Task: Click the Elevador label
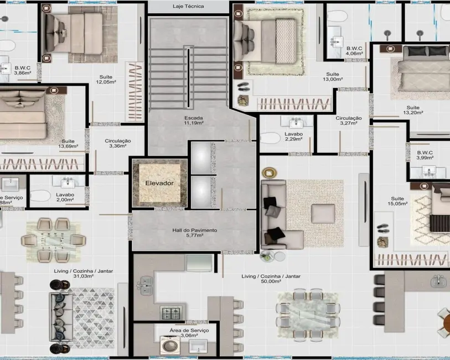pos(159,183)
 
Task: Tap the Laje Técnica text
pos(188,7)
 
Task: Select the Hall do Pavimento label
pos(195,233)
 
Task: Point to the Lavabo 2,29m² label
pos(294,137)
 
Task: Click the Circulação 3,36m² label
pos(117,144)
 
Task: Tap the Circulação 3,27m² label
pos(348,121)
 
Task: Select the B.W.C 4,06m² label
pos(354,52)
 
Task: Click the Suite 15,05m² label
pos(397,201)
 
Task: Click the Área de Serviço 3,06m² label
pos(189,332)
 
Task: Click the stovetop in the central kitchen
pos(169,312)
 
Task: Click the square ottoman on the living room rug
pos(323,214)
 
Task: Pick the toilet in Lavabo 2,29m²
pos(270,138)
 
